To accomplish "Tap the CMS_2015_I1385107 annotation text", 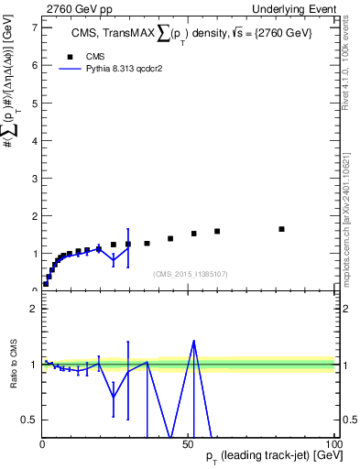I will tap(190, 273).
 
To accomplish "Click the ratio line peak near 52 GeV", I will tap(193, 341).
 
